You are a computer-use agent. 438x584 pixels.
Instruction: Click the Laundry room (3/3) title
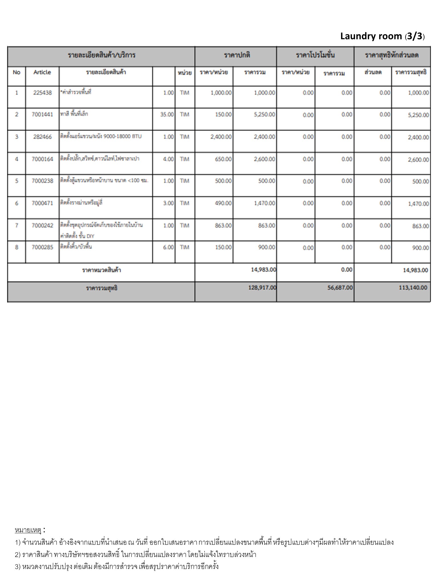(382, 36)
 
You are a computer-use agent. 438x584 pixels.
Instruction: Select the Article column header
(42, 72)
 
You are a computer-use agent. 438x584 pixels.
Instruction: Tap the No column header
(17, 72)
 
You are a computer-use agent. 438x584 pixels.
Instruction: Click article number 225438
(42, 93)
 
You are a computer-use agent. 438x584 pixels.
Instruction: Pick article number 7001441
(42, 115)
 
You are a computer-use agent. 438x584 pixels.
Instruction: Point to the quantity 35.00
(167, 115)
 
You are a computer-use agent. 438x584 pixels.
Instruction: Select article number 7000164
(42, 159)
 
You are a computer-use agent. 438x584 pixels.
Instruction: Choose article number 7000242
(42, 226)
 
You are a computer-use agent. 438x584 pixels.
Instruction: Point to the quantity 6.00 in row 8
(168, 247)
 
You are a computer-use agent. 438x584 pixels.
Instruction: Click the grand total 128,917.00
(262, 287)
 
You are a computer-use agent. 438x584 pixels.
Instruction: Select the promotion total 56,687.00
(340, 287)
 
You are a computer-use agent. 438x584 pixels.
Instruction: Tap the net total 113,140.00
(413, 287)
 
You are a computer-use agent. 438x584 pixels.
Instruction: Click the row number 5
(17, 181)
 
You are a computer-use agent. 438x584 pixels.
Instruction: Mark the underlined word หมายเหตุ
(28, 530)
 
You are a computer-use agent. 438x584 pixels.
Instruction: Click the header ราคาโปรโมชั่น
(315, 55)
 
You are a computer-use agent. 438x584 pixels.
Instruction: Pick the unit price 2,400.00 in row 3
(221, 137)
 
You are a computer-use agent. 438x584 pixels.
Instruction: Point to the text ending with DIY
(77, 236)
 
